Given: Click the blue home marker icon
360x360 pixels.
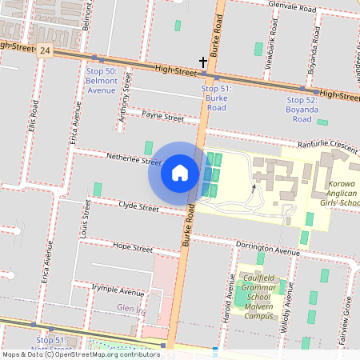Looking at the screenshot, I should point(180,173).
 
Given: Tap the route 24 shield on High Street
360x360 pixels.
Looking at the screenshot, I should point(45,50).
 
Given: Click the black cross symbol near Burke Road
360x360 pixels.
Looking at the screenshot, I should point(203,62).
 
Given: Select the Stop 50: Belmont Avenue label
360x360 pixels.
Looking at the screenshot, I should point(101,81).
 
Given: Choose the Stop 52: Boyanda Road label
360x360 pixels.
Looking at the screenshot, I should point(302,109).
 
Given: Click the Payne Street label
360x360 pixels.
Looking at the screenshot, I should point(162,118).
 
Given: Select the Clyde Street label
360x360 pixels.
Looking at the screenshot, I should point(138,207).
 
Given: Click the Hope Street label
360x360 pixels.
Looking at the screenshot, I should point(132,246).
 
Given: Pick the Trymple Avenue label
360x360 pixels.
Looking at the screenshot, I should point(118,292).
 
